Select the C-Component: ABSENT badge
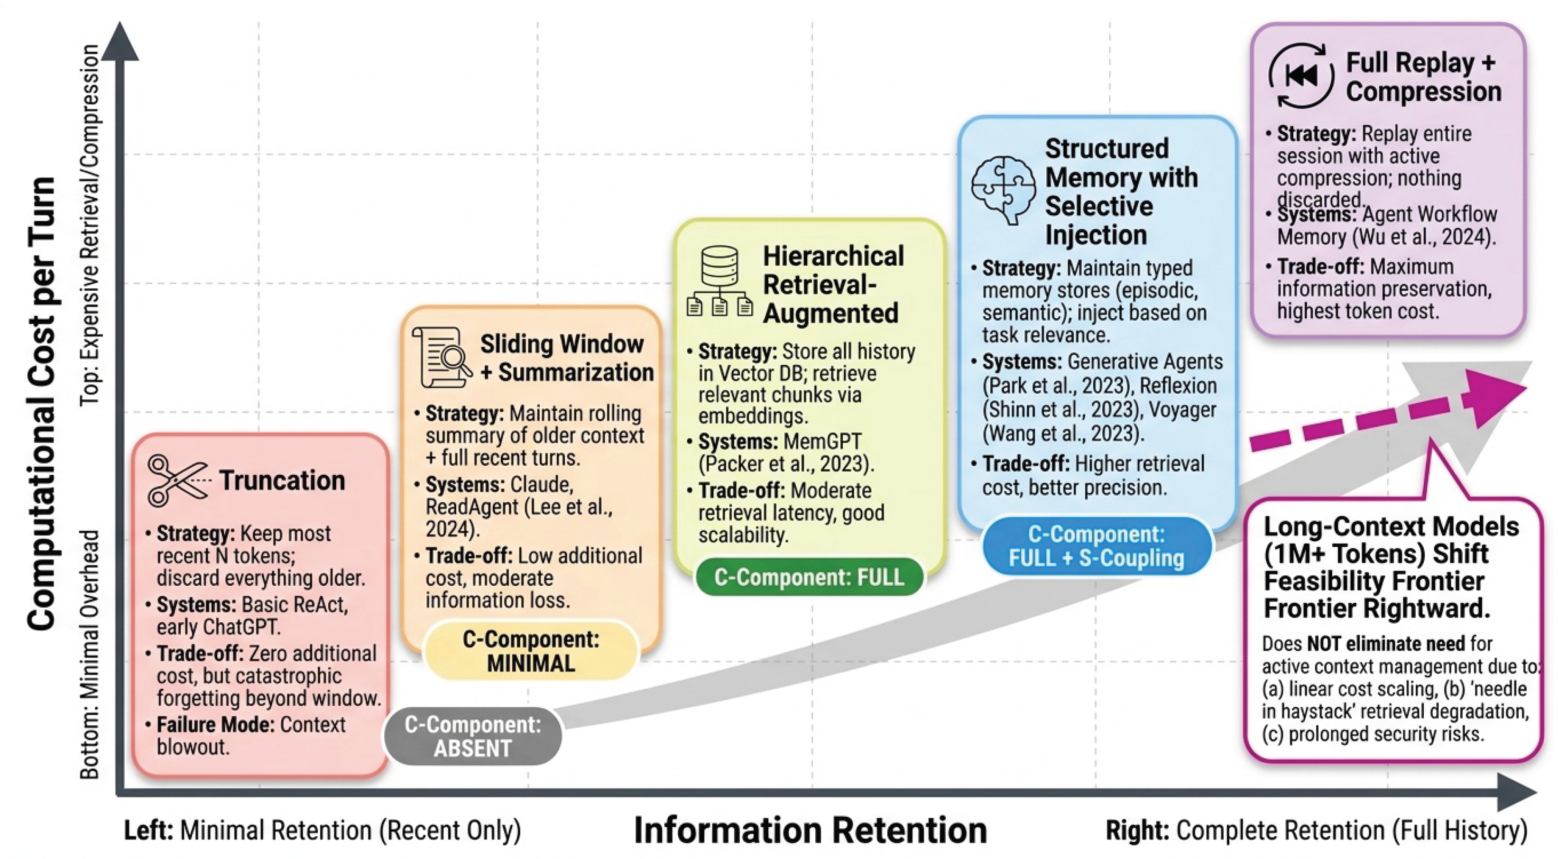click(473, 736)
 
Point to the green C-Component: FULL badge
click(809, 577)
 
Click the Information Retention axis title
click(811, 830)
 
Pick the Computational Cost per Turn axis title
click(42, 404)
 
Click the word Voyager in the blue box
click(1182, 409)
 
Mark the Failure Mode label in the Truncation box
click(215, 724)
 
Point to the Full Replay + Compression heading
click(1424, 77)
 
